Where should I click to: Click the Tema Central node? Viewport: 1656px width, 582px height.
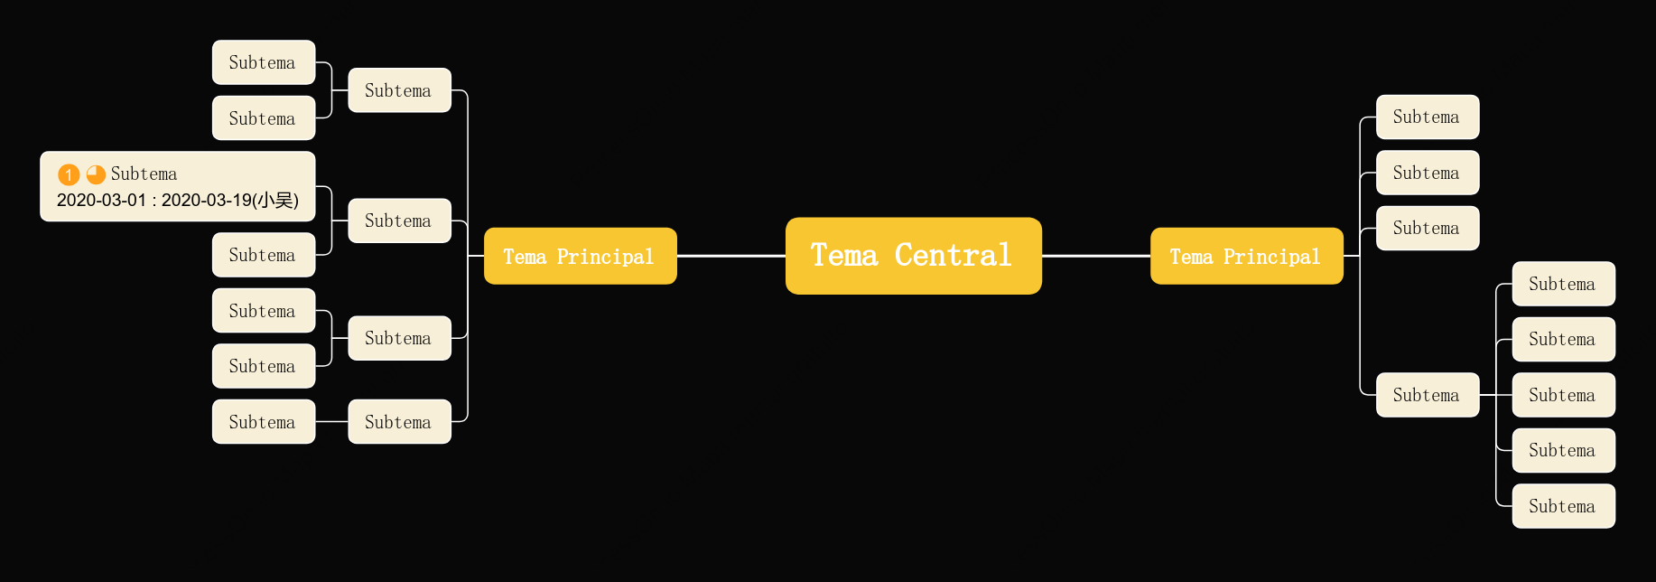click(x=913, y=256)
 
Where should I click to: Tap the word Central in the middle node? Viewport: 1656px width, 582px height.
click(x=953, y=256)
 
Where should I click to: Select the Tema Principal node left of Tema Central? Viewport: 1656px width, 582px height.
click(x=581, y=256)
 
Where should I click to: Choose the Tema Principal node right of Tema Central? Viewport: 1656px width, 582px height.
click(x=1247, y=256)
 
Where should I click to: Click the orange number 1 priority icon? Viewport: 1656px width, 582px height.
click(x=69, y=174)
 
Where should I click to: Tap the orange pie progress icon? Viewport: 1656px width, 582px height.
click(x=96, y=174)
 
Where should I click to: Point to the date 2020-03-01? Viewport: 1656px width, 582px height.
click(x=101, y=201)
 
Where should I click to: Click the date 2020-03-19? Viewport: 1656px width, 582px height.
click(x=207, y=201)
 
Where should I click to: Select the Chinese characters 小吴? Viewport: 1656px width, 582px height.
click(x=275, y=201)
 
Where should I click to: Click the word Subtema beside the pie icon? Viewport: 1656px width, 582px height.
click(x=144, y=174)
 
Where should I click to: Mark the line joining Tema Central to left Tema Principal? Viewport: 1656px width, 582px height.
click(x=731, y=256)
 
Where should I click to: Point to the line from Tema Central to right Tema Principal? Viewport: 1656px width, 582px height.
click(x=1096, y=256)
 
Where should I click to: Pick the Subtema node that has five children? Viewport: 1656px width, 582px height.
click(x=1428, y=395)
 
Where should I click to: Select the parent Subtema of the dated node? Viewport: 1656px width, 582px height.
click(x=400, y=221)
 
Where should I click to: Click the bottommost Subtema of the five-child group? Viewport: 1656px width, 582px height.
click(x=1564, y=506)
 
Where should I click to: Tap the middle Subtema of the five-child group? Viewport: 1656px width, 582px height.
click(x=1564, y=395)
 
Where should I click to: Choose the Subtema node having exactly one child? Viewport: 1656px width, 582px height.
click(x=400, y=422)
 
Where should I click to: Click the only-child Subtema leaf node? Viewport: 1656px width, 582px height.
click(x=264, y=422)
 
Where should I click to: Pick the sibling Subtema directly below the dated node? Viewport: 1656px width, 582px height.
click(x=264, y=255)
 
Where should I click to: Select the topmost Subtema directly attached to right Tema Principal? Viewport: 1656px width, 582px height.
click(x=1428, y=117)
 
